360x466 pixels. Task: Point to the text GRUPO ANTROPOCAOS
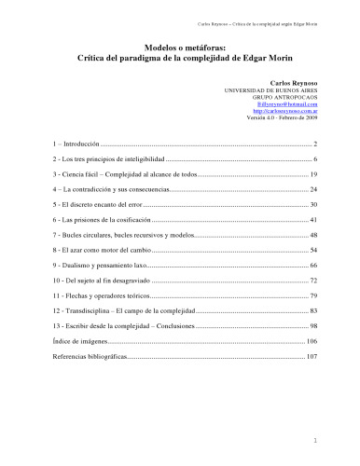tap(285, 97)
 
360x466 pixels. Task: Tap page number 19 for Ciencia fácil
tap(315, 175)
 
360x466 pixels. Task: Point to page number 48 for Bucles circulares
tap(315, 234)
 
